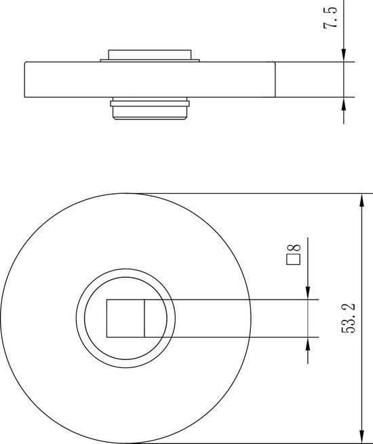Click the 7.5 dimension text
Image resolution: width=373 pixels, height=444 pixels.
point(330,17)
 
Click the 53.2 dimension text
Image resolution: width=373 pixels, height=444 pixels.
point(348,318)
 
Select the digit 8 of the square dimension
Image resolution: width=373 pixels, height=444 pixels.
point(294,248)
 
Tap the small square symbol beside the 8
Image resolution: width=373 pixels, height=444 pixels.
point(294,260)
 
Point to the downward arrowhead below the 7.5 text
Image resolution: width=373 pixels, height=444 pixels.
point(344,55)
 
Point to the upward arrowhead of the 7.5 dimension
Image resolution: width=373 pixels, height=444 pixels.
point(344,104)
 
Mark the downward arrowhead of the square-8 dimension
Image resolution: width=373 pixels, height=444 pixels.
point(308,293)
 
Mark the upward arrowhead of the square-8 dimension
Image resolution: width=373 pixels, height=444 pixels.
point(308,344)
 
